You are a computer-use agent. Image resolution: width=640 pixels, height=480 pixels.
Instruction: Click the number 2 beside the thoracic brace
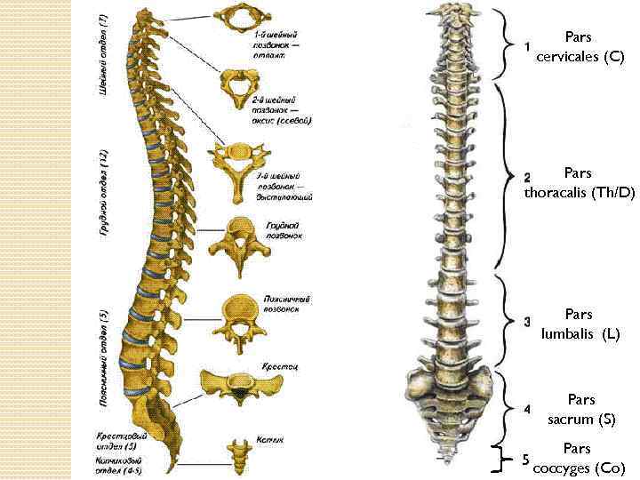pos(527,178)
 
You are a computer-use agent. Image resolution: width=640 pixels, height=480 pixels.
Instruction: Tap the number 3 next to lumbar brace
pos(527,321)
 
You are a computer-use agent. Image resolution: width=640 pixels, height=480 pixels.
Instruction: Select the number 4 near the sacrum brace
pos(527,410)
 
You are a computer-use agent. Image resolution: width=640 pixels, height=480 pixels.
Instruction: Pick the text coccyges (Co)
pos(579,468)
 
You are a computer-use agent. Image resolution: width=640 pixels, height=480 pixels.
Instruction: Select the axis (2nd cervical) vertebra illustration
pos(238,87)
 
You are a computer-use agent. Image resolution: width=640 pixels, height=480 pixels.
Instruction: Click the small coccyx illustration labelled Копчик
pos(238,452)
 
